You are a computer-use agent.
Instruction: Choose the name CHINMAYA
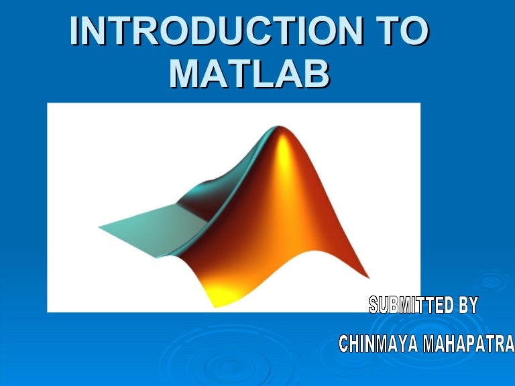point(379,344)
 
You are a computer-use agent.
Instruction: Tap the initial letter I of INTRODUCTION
point(75,31)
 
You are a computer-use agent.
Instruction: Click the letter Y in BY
point(473,306)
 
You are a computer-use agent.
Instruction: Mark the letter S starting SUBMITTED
point(374,306)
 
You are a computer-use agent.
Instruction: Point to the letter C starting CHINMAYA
point(344,344)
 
